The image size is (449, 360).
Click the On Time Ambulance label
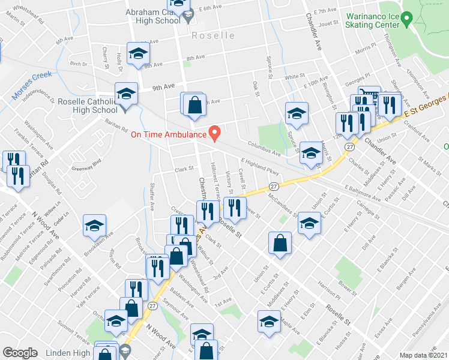click(169, 134)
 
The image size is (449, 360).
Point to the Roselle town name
click(213, 35)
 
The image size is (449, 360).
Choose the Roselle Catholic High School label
click(88, 106)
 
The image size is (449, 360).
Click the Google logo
click(20, 353)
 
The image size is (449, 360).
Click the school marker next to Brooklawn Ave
click(94, 226)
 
